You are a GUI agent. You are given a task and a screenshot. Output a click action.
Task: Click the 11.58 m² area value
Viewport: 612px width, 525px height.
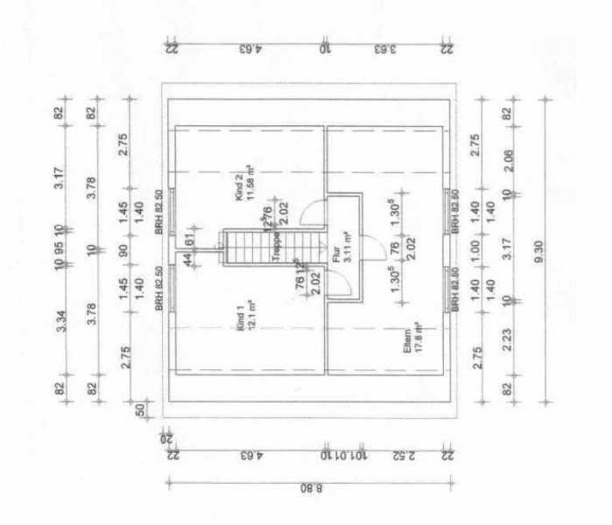coord(250,183)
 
